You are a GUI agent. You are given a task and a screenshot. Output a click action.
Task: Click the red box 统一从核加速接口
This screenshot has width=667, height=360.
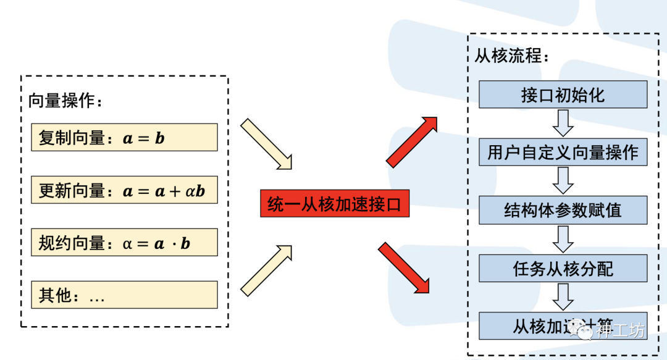(x=334, y=204)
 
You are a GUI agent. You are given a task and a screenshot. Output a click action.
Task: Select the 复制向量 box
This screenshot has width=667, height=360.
(x=124, y=137)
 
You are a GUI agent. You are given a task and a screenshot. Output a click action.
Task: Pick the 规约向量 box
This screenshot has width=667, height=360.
(x=124, y=243)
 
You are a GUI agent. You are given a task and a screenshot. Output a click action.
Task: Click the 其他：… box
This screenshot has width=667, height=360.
(x=124, y=295)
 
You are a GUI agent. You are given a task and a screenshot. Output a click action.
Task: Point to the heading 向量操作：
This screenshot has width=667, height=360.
(x=65, y=101)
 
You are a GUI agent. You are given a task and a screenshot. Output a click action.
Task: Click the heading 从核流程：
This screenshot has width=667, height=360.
(x=511, y=56)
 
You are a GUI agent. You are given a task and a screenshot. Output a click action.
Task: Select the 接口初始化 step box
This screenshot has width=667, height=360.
(x=563, y=95)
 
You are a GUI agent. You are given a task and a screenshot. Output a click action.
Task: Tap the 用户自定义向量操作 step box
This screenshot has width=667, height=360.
(x=563, y=152)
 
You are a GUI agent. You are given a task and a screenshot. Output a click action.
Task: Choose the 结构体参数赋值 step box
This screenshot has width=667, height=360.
(x=563, y=210)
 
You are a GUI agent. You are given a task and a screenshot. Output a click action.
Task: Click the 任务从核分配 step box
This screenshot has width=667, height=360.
(x=563, y=268)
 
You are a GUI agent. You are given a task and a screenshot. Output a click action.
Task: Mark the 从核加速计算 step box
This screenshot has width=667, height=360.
(x=563, y=325)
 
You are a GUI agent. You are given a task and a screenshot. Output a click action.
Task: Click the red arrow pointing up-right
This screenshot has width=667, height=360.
(x=411, y=141)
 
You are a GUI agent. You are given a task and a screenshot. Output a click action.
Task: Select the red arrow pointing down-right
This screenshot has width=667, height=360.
(x=404, y=267)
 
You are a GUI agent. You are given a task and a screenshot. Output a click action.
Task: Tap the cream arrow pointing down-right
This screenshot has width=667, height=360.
(x=266, y=144)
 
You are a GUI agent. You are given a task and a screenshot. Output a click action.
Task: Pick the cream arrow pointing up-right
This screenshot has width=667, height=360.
(x=266, y=269)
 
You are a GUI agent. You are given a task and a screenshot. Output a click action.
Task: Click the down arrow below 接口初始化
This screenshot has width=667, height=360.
(x=563, y=123)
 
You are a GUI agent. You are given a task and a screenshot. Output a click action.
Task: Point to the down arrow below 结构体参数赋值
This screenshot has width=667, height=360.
(x=563, y=239)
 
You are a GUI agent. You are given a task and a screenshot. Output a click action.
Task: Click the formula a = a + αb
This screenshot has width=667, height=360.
(x=164, y=191)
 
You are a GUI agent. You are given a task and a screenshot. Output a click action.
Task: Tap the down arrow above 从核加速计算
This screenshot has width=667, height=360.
(x=563, y=297)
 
